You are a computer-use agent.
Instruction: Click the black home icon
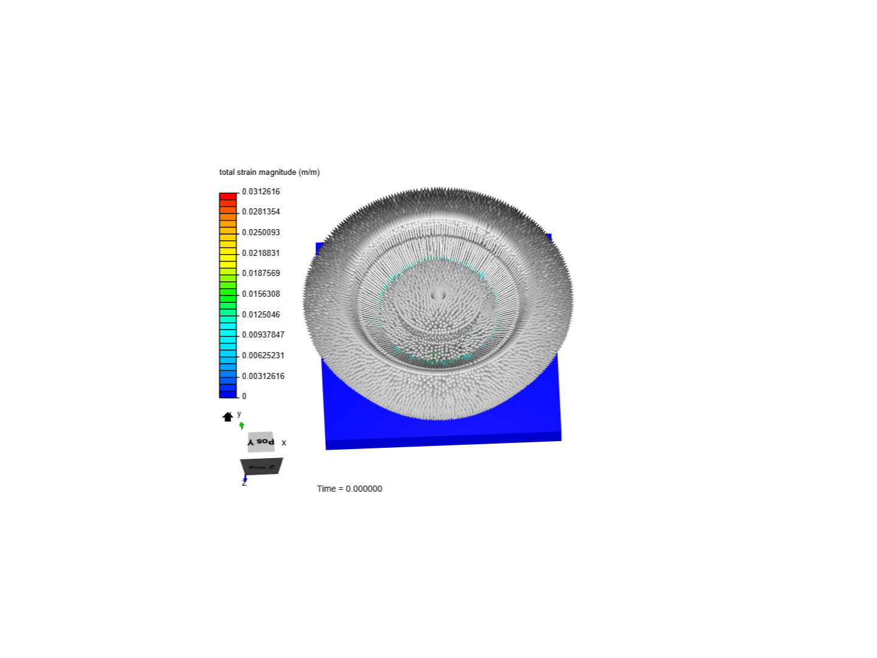tap(228, 417)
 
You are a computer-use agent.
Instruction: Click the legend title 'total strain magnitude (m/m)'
tap(269, 172)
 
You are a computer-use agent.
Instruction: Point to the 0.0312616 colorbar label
tap(261, 191)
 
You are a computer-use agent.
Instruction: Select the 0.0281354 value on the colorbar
tap(261, 211)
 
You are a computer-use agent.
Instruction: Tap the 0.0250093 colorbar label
tap(261, 232)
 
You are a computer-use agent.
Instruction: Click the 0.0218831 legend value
tap(261, 253)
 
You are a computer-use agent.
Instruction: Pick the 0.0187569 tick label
tap(261, 273)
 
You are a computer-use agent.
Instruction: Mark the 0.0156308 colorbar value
tap(261, 294)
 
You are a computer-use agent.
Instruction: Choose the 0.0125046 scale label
tap(261, 314)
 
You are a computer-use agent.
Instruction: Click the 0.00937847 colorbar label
tap(263, 334)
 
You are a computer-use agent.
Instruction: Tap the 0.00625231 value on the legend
tap(263, 355)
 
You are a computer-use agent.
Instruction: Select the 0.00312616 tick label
tap(263, 376)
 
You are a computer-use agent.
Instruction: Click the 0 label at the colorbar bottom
tap(244, 396)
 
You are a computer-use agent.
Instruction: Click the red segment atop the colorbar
tap(228, 196)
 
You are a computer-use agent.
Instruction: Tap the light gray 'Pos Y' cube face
tap(261, 442)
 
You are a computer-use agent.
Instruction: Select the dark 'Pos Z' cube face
tap(261, 467)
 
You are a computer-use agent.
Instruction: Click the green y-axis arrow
tap(242, 425)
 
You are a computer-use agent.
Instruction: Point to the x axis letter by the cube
tap(284, 443)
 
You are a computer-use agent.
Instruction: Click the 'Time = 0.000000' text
tap(350, 489)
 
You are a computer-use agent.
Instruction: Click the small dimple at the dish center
tap(438, 295)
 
